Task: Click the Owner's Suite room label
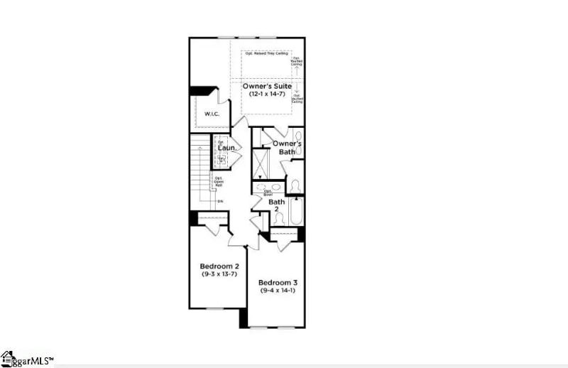(268, 86)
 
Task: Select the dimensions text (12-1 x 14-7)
(268, 94)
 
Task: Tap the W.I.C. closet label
(212, 114)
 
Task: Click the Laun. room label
(226, 148)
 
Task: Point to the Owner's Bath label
(288, 147)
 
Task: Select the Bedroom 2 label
(219, 266)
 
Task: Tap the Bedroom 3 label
(278, 282)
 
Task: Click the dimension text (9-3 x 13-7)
(219, 274)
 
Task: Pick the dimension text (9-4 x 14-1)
(278, 290)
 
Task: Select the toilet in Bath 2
(279, 239)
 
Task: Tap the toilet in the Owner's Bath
(295, 186)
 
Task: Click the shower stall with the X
(261, 163)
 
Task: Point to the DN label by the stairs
(220, 202)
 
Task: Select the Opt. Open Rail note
(219, 183)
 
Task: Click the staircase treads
(200, 171)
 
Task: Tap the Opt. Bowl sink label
(268, 192)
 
